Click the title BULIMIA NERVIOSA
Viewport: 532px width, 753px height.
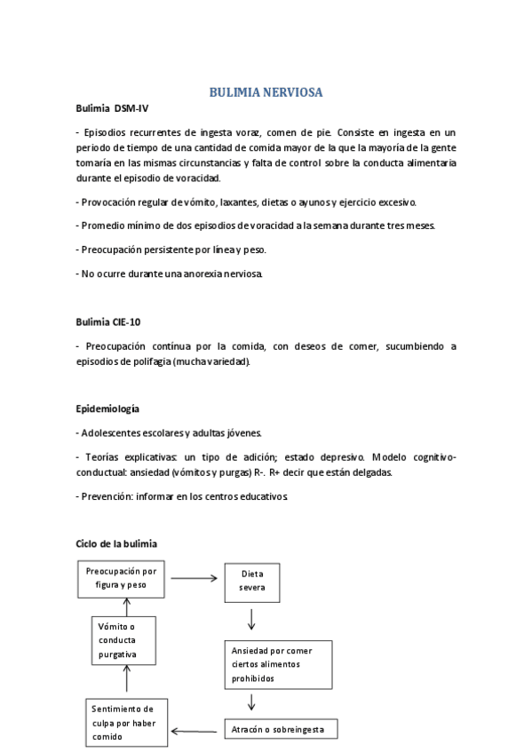[266, 91]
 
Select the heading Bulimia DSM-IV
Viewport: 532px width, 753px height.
[113, 108]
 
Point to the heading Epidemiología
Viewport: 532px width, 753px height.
[108, 408]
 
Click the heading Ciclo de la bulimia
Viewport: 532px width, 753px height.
[116, 543]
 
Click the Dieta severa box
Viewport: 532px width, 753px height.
[251, 580]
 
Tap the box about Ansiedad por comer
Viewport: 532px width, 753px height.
[277, 664]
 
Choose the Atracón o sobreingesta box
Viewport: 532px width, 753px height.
[281, 730]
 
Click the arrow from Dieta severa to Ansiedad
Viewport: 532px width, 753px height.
[252, 619]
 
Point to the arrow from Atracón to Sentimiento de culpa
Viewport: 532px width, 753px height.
[195, 732]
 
